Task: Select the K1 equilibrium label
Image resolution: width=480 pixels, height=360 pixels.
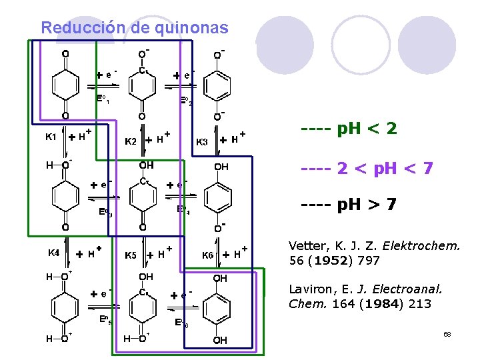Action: (51, 137)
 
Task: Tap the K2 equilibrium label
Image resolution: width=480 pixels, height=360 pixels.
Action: (131, 141)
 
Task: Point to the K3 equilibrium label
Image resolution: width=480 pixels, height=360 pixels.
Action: (201, 141)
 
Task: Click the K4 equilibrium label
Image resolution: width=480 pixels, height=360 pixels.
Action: (53, 253)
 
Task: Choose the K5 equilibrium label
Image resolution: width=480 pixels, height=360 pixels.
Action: (131, 255)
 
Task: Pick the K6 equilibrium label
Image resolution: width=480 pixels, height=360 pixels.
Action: (208, 255)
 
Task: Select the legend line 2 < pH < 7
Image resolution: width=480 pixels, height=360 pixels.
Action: (367, 169)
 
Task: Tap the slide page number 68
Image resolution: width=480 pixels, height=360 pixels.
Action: (447, 333)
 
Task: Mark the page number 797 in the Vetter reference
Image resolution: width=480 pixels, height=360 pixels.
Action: (369, 260)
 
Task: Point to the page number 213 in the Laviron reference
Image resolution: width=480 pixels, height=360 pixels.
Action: (420, 304)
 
